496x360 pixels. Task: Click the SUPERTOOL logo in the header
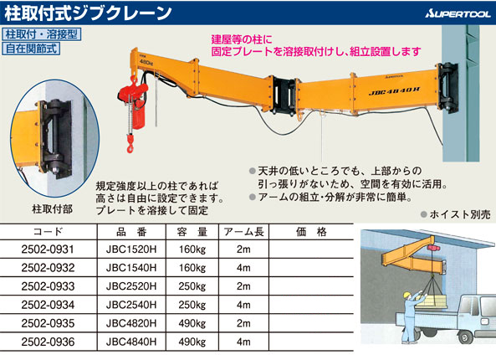click(x=458, y=13)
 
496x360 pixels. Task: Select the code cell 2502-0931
click(x=48, y=249)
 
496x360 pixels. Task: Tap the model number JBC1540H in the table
click(x=131, y=268)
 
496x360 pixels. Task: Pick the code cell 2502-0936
click(x=48, y=342)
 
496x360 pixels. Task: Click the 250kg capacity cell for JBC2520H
click(x=192, y=286)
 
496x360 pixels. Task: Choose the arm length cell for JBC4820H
click(x=243, y=324)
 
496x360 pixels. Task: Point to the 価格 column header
click(x=311, y=232)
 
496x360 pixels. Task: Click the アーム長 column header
click(x=243, y=232)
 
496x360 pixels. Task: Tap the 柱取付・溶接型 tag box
click(x=42, y=33)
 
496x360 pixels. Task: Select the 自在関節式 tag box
click(x=31, y=49)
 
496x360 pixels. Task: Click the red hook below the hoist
click(x=130, y=143)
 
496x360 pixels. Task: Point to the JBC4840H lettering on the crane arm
click(x=394, y=91)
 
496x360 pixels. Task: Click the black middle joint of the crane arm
click(x=284, y=95)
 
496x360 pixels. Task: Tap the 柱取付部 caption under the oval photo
click(x=53, y=209)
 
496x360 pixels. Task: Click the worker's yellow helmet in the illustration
click(x=407, y=295)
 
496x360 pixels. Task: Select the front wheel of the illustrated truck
click(x=468, y=337)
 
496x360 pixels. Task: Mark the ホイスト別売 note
click(x=456, y=214)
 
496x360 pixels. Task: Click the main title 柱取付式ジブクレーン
click(x=88, y=13)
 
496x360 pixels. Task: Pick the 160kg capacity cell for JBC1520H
click(x=192, y=249)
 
